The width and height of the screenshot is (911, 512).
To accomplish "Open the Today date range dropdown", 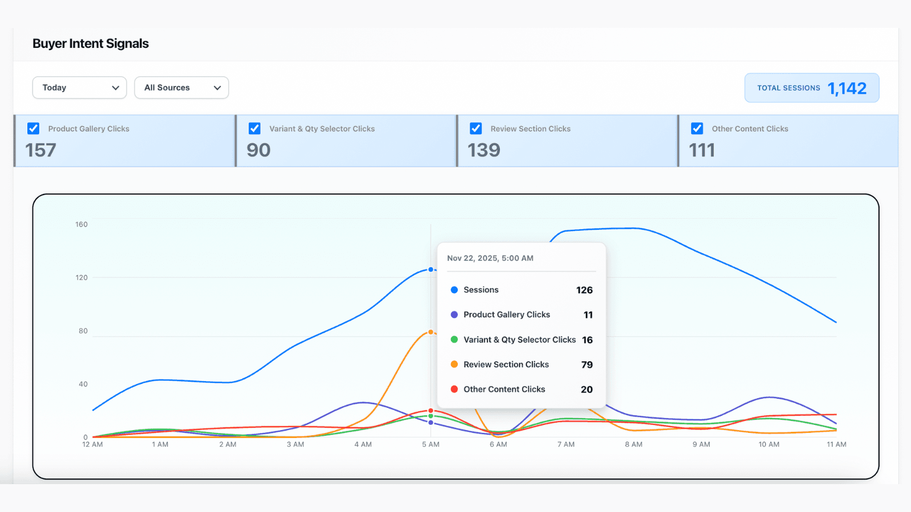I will pyautogui.click(x=79, y=88).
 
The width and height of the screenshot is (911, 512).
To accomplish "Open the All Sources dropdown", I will pyautogui.click(x=181, y=88).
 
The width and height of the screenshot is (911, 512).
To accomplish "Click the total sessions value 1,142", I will pyautogui.click(x=847, y=88).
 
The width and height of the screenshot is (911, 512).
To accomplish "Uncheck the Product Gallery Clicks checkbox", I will pyautogui.click(x=34, y=129).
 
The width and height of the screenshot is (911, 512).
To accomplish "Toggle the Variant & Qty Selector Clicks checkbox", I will pyautogui.click(x=255, y=129).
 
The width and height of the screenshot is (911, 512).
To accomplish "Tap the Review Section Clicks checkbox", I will pyautogui.click(x=476, y=129).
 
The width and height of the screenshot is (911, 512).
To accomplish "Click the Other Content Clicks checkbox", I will pyautogui.click(x=697, y=129).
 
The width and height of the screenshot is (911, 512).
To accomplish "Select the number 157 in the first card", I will pyautogui.click(x=40, y=150).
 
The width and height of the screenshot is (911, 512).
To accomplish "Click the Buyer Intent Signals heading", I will pyautogui.click(x=91, y=44).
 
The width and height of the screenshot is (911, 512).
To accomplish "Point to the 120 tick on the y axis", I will pyautogui.click(x=81, y=278).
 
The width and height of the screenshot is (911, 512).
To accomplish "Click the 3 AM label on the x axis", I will pyautogui.click(x=295, y=444).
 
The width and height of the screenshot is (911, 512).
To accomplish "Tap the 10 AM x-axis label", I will pyautogui.click(x=769, y=444).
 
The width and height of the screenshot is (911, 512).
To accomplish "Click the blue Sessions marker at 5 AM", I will pyautogui.click(x=431, y=270).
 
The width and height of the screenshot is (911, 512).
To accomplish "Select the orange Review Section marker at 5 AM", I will pyautogui.click(x=431, y=332).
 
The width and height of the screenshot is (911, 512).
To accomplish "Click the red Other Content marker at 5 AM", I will pyautogui.click(x=431, y=410).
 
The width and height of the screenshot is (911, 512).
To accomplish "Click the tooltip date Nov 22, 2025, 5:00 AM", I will pyautogui.click(x=490, y=258).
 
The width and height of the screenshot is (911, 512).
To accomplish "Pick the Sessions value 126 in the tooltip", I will pyautogui.click(x=584, y=290).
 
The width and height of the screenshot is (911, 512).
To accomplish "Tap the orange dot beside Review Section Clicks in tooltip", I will pyautogui.click(x=454, y=365).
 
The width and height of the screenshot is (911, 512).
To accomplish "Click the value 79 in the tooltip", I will pyautogui.click(x=587, y=365).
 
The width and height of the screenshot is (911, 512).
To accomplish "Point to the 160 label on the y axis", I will pyautogui.click(x=81, y=225).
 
